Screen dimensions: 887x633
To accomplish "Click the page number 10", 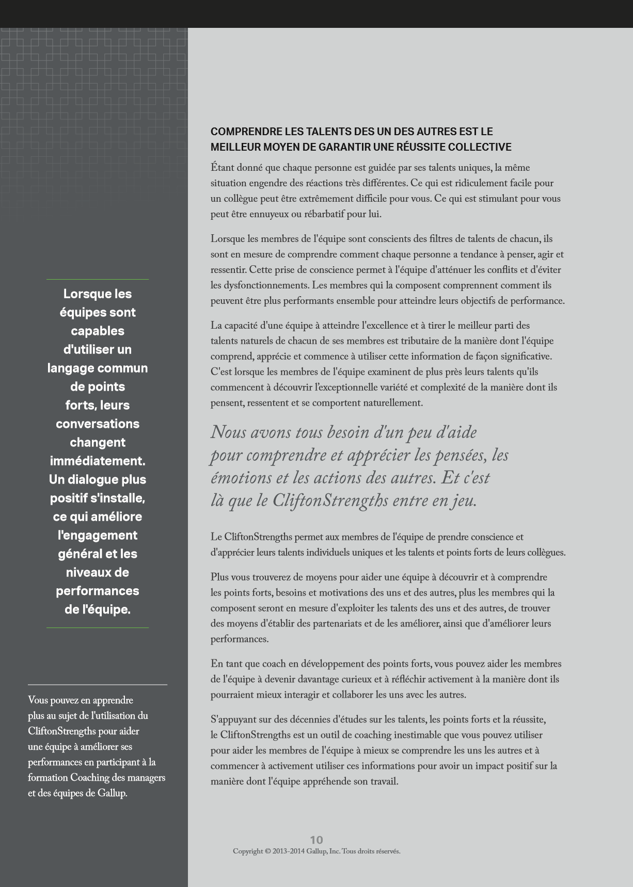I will point(316,840).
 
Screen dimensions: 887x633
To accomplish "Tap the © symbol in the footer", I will point(268,851).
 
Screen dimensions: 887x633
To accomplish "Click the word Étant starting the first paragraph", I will point(223,168).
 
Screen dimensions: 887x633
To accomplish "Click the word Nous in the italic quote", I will point(228,432).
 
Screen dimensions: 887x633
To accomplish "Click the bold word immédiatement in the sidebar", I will point(98,461).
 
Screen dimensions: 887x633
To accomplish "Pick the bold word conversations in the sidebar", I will point(98,424).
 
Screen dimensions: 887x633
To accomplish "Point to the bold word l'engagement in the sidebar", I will point(98,535).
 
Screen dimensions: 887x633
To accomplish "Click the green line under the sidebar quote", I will point(98,628).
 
